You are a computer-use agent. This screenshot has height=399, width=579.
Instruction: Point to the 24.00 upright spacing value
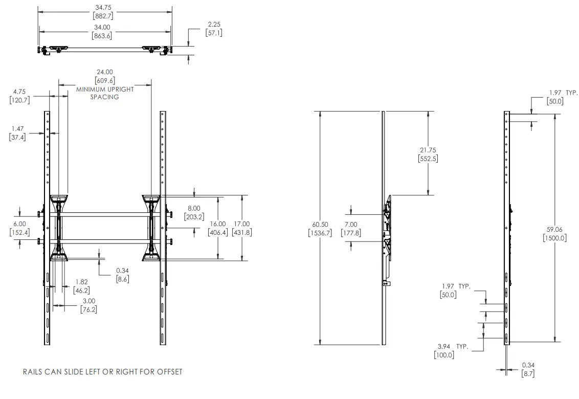coord(105,76)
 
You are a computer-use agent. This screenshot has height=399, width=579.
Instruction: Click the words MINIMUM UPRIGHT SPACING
coord(105,93)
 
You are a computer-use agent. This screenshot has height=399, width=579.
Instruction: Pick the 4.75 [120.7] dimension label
coord(20,96)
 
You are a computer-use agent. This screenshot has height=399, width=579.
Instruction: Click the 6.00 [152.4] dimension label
coord(20,228)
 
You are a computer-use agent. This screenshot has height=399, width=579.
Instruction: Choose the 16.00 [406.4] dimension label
coord(218,228)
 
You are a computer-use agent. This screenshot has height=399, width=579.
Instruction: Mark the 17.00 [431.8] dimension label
coord(241,228)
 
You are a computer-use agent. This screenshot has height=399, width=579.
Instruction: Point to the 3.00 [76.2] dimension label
coord(89,305)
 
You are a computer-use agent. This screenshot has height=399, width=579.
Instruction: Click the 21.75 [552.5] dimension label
coord(428,154)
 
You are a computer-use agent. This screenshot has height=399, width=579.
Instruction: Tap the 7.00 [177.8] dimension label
coord(351,228)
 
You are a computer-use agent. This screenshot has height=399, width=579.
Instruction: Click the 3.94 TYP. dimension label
coord(450,350)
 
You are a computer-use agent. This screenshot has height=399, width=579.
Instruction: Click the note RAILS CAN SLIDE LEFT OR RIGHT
coord(102,371)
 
